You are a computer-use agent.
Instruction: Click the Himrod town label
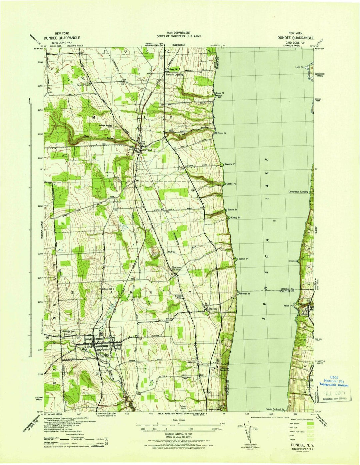147,151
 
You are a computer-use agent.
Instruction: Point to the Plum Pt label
222,133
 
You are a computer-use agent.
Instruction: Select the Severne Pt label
230,164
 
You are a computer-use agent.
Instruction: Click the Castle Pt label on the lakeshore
231,184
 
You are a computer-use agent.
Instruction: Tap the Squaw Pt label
232,210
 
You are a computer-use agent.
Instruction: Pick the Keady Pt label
235,218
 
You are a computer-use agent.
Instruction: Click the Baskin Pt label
244,258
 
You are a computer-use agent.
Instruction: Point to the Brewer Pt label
245,294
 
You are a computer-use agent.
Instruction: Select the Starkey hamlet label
213,309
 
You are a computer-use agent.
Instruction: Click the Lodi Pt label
299,67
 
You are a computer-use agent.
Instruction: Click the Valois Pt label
288,305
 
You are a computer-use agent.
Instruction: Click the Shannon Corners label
176,268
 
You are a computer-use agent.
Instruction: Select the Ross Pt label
219,93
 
